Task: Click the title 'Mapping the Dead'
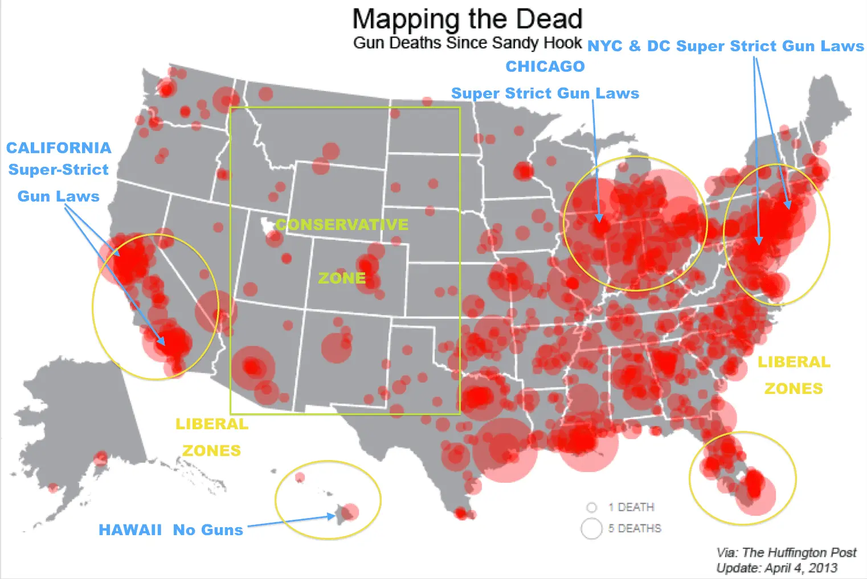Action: pyautogui.click(x=467, y=19)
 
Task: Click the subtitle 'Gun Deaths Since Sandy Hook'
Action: pyautogui.click(x=467, y=43)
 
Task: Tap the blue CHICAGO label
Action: pyautogui.click(x=545, y=67)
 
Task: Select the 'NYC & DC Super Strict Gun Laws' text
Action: pyautogui.click(x=725, y=46)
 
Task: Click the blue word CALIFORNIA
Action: pyautogui.click(x=59, y=148)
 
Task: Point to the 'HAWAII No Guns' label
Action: pyautogui.click(x=171, y=530)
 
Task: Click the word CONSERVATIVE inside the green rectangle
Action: pyautogui.click(x=342, y=224)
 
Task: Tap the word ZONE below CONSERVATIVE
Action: pyautogui.click(x=342, y=278)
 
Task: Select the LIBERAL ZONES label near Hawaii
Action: pyautogui.click(x=212, y=437)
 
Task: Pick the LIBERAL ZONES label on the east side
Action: pyautogui.click(x=794, y=375)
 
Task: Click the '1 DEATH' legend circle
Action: pyautogui.click(x=592, y=507)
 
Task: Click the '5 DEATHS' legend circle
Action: pyautogui.click(x=591, y=528)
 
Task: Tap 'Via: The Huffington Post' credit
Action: pyautogui.click(x=786, y=552)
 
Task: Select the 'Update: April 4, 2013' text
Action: pyautogui.click(x=776, y=568)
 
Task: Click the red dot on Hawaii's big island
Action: pyautogui.click(x=351, y=511)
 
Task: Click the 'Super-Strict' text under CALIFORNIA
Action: pyautogui.click(x=58, y=170)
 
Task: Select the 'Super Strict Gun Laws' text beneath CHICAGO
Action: pyautogui.click(x=545, y=93)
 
